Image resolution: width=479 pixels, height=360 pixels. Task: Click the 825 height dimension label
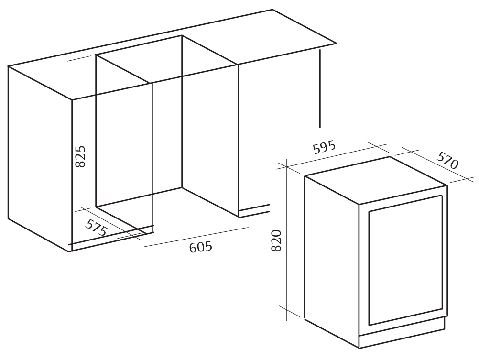(80, 156)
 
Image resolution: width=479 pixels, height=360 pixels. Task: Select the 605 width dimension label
(201, 247)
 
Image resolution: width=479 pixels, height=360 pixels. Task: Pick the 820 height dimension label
(276, 241)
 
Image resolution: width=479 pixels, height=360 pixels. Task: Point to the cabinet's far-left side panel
(40, 159)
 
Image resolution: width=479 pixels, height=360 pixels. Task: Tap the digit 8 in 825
(80, 164)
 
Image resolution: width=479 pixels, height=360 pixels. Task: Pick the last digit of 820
(276, 233)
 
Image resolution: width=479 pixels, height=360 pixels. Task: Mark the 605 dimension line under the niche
(196, 236)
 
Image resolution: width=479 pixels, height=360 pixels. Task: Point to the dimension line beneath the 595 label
(332, 156)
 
